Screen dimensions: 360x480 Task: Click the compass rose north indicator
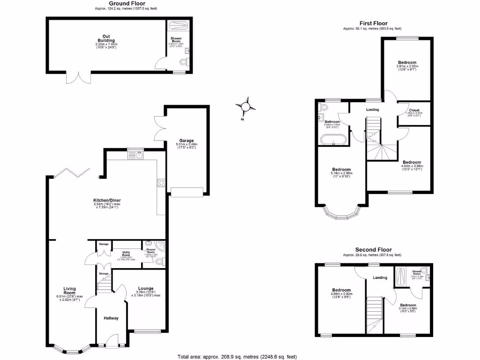point(246,107)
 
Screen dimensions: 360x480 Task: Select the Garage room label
point(184,141)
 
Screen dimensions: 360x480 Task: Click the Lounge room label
point(145,288)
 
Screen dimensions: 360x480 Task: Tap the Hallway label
point(111,318)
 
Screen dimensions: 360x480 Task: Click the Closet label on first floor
point(414,110)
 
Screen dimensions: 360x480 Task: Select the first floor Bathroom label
point(332,122)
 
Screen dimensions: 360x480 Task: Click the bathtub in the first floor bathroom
point(333,139)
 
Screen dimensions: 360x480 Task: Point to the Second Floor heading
point(373,250)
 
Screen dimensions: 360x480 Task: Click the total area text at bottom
point(237,356)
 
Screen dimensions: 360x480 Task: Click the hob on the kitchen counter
point(161,183)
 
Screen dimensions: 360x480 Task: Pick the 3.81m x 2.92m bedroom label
point(407,62)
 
